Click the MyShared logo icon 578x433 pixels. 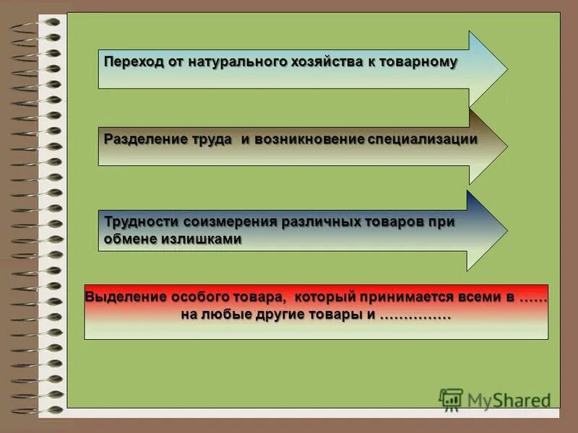point(451,399)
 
